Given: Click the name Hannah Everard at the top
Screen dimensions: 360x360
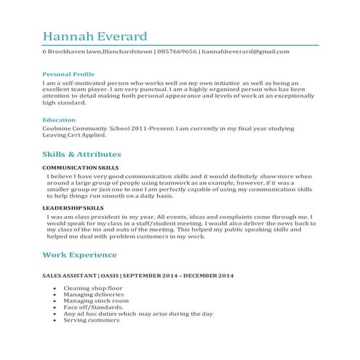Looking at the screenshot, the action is [x=95, y=36].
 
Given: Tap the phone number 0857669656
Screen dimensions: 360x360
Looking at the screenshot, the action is [x=177, y=52].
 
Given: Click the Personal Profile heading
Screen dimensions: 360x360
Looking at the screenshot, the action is [x=68, y=74].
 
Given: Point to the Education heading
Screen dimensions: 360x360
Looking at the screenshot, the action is [x=59, y=120].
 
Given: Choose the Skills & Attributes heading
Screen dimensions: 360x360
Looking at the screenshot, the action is [x=81, y=154].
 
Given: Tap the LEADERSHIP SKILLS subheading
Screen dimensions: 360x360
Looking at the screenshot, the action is [x=73, y=208].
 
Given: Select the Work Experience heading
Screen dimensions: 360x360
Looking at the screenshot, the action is [x=79, y=255].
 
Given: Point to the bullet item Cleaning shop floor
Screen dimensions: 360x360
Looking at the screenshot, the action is [x=93, y=289].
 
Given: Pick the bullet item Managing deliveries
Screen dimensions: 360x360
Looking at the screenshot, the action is [x=93, y=295].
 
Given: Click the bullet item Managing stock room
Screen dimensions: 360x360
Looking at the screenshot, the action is [x=96, y=301].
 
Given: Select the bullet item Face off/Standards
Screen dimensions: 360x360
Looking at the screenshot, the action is [x=93, y=308].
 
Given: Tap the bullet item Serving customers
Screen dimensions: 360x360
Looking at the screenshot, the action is [x=91, y=320].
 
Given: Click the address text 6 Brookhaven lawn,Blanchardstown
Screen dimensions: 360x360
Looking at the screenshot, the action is [x=97, y=52].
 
